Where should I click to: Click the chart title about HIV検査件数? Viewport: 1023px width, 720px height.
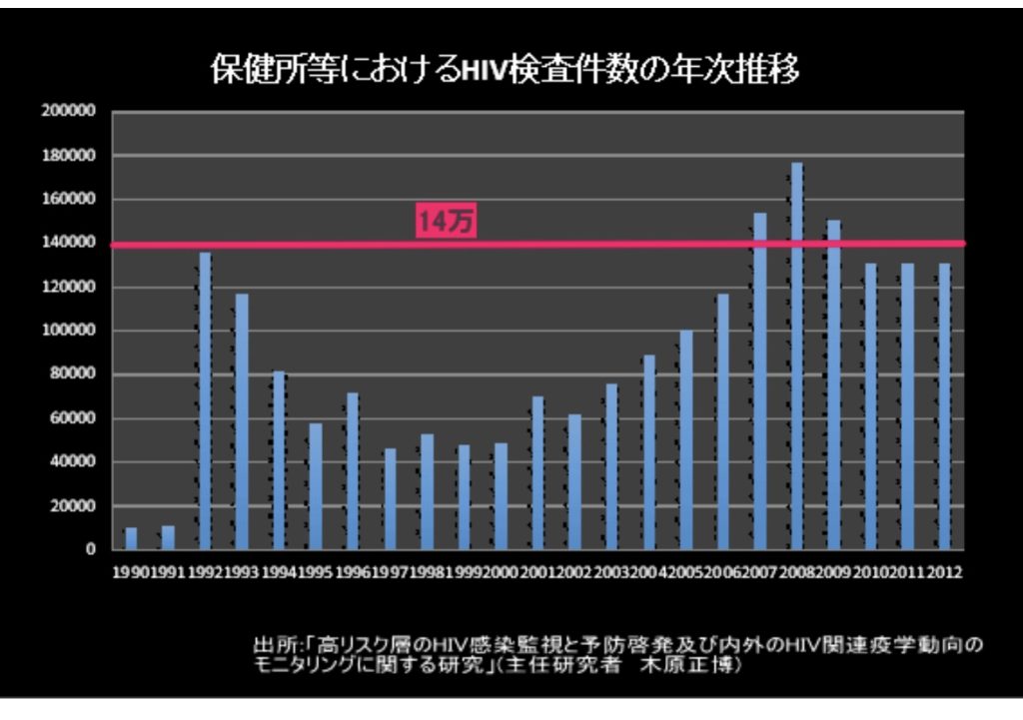click(505, 72)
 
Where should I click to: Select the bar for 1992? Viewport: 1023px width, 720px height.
click(206, 400)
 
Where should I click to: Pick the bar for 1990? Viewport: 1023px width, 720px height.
click(131, 538)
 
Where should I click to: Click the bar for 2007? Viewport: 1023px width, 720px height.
click(760, 380)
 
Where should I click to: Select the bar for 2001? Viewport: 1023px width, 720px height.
click(537, 472)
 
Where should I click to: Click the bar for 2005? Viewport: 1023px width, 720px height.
click(686, 439)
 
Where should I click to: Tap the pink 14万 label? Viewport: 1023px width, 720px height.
click(445, 224)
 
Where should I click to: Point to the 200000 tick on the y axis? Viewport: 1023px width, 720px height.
click(69, 112)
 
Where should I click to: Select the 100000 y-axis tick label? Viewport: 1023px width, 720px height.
click(69, 331)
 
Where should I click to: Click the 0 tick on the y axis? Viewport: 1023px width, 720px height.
click(90, 549)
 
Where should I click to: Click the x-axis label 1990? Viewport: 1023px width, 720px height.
click(130, 573)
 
